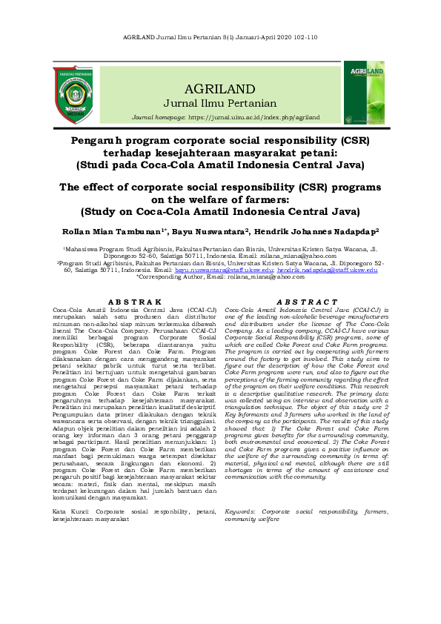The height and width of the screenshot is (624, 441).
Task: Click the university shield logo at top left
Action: tap(73, 94)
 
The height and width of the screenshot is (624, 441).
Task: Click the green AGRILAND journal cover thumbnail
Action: tap(363, 93)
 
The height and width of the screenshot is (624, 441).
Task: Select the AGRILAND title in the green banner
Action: tap(220, 87)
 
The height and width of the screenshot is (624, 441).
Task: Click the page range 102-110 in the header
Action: tap(304, 36)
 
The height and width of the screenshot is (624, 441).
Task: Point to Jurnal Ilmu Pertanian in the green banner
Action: tap(220, 103)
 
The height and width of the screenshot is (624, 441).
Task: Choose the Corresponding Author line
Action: tap(221, 277)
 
